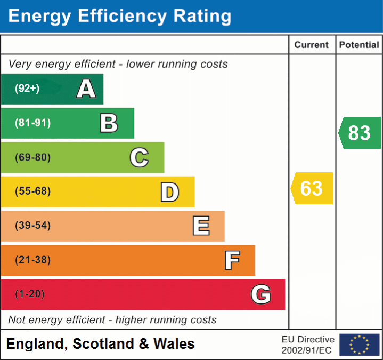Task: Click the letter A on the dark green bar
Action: click(x=86, y=89)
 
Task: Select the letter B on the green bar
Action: click(x=109, y=123)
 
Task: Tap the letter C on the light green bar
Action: click(x=139, y=157)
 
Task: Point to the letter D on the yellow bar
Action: click(x=169, y=192)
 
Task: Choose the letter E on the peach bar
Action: click(x=200, y=226)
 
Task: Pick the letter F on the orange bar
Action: click(x=232, y=260)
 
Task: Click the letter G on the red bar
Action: click(x=261, y=294)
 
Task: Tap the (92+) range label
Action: click(x=27, y=89)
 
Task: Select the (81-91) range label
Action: click(x=32, y=123)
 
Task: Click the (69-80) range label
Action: click(x=32, y=157)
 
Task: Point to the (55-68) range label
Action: click(x=32, y=191)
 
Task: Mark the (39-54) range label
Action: click(x=32, y=226)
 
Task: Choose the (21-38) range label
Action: click(x=32, y=260)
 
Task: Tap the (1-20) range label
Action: click(x=30, y=294)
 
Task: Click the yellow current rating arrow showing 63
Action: click(x=312, y=188)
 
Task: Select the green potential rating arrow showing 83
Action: click(x=360, y=133)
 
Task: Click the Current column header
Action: click(x=312, y=45)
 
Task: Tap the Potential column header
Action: click(x=359, y=45)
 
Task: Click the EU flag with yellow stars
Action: click(x=359, y=345)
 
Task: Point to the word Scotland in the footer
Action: click(x=103, y=344)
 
